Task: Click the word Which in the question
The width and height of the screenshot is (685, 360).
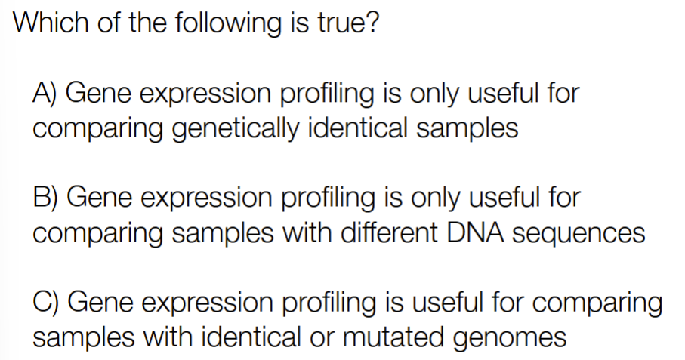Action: point(51,22)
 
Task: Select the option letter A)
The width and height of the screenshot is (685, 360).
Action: point(45,93)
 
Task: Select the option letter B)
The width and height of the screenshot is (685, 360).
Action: point(45,197)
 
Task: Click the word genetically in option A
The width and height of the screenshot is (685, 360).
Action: point(236,129)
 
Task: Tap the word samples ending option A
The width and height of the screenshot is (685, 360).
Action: point(467,129)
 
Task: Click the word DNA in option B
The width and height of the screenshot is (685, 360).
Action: point(475,232)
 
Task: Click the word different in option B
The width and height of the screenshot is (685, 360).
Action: point(389,232)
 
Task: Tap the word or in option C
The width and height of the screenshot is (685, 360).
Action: point(321,339)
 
